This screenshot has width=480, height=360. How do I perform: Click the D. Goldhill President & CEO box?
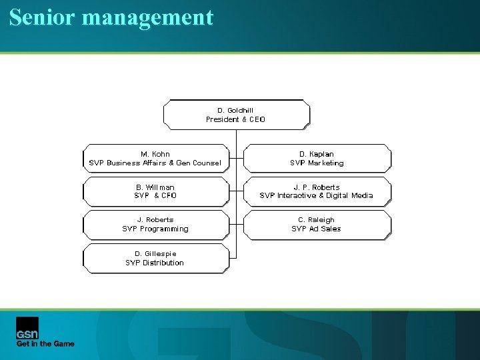(236, 115)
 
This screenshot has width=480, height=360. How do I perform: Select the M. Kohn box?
(155, 159)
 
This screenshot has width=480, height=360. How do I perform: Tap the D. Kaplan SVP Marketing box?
(317, 159)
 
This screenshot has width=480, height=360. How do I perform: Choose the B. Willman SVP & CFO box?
(155, 191)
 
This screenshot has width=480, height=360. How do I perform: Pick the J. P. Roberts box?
(317, 191)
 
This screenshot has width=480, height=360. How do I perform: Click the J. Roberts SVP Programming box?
(155, 224)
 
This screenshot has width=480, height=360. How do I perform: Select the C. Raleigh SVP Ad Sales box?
(317, 224)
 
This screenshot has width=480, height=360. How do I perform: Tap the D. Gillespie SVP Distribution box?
(155, 258)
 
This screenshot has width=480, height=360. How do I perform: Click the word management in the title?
(147, 17)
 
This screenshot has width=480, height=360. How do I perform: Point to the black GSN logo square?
(27, 327)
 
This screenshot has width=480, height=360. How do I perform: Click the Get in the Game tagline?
(45, 344)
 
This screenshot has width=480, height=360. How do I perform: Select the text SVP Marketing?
(317, 163)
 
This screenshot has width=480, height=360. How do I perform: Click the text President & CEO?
(235, 120)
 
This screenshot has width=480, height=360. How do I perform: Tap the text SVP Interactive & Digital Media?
(316, 196)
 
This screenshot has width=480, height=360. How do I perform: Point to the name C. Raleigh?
(317, 220)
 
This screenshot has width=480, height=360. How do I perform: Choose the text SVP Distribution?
(155, 263)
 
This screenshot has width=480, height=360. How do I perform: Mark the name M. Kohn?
(155, 154)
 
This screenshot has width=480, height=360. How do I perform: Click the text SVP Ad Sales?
(316, 229)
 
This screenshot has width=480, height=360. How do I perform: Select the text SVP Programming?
(155, 229)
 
